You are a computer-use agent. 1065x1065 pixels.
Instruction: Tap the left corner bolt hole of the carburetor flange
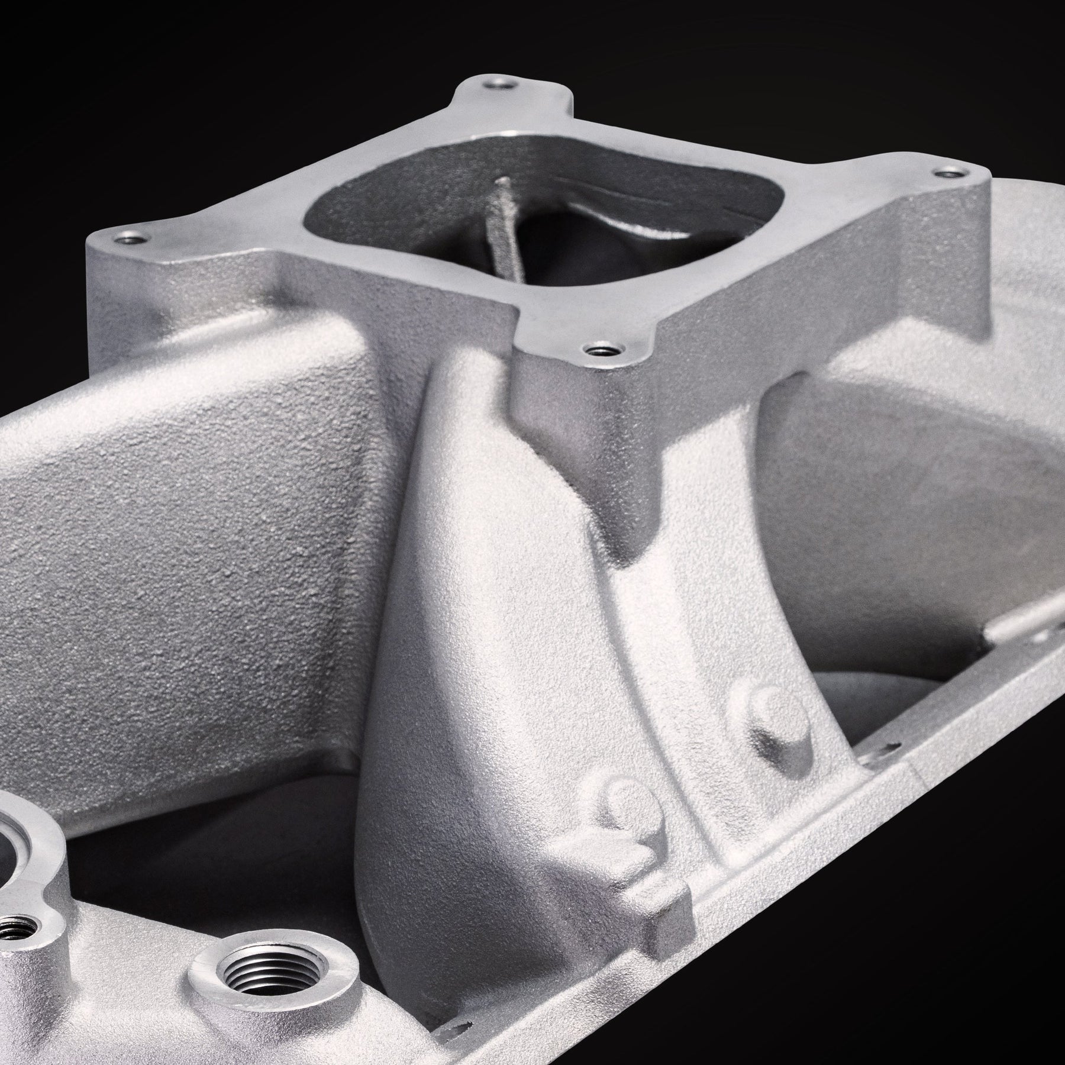pyautogui.click(x=128, y=240)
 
